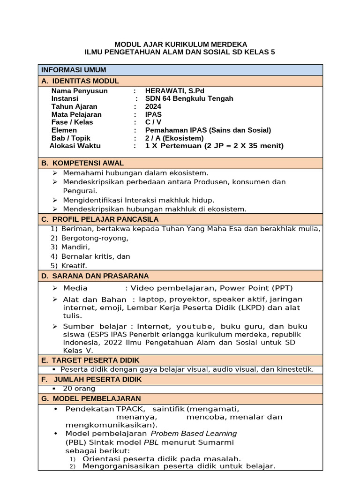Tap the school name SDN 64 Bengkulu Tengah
coord(189,98)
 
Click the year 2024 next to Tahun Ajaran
coord(153,106)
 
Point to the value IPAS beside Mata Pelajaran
coord(154,114)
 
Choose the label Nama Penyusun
coord(79,90)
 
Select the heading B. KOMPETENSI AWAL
coord(82,163)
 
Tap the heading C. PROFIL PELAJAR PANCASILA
coord(100,219)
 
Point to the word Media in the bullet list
coord(75,288)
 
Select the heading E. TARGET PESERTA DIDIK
coord(90,360)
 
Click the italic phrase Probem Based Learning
coord(194,433)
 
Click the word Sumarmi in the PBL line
coord(217,442)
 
